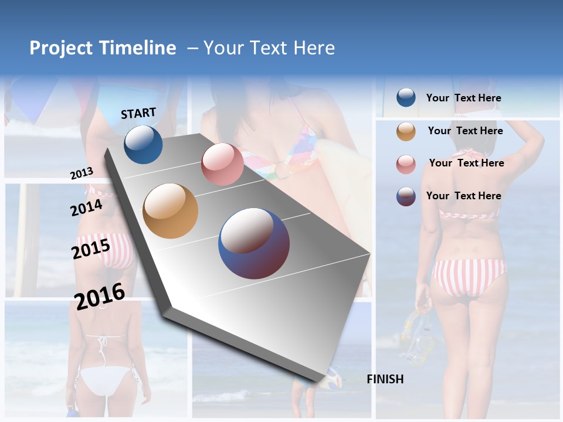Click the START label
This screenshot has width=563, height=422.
[138, 113]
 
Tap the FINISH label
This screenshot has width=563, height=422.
[385, 379]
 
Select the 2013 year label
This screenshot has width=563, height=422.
[82, 173]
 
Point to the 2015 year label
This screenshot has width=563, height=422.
[90, 249]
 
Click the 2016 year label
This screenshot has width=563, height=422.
[100, 296]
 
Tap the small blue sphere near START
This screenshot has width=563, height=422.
[143, 144]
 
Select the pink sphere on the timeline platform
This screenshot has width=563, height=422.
[222, 164]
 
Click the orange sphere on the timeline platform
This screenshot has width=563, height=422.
[170, 211]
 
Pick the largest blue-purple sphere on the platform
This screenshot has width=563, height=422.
[253, 244]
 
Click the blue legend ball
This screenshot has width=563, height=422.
[406, 98]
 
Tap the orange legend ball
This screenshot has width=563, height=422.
[406, 131]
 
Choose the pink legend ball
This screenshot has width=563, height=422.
[406, 164]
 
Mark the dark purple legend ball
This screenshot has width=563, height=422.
[406, 196]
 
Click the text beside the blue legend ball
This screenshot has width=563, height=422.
[463, 98]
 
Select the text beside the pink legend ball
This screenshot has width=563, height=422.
[466, 163]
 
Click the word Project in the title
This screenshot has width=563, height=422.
[61, 48]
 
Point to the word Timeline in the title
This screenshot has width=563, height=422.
[137, 48]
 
